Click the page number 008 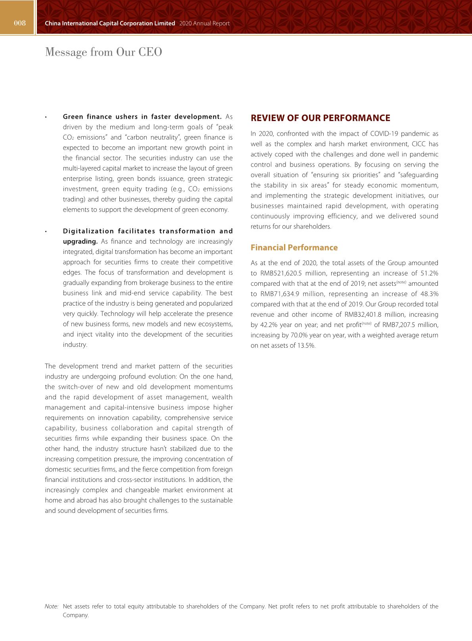click(19, 23)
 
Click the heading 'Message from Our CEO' click(104, 52)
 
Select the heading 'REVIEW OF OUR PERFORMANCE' click(320, 118)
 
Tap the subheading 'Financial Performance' click(294, 248)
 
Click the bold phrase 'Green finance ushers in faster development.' click(142, 117)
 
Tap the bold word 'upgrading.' click(80, 241)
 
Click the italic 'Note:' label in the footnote click(51, 606)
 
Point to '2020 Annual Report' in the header click(204, 23)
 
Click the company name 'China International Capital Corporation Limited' click(110, 23)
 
